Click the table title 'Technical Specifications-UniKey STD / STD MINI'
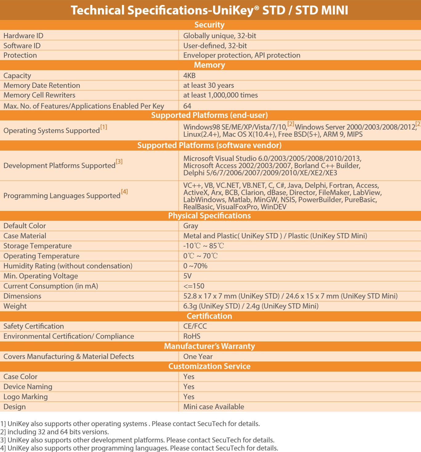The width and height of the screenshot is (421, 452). click(209, 10)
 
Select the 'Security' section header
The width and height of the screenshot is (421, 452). click(209, 25)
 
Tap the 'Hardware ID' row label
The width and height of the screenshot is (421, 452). click(23, 36)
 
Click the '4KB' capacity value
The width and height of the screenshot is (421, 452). click(189, 75)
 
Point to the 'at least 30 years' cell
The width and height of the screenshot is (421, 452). click(208, 85)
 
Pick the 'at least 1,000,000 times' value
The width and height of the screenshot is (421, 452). click(221, 95)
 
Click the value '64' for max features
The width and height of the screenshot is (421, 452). click(187, 106)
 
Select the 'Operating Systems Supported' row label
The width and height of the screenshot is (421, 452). click(52, 131)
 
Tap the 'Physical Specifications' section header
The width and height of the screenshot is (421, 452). click(209, 216)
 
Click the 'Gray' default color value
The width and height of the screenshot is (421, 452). click(191, 226)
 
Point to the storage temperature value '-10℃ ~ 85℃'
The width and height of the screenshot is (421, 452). click(204, 246)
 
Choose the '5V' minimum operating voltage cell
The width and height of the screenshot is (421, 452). click(187, 276)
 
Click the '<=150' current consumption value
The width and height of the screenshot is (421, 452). click(194, 286)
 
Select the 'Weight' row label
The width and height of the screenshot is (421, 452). click(15, 306)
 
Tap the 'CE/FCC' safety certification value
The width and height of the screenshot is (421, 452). click(195, 326)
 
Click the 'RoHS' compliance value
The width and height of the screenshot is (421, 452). click(192, 336)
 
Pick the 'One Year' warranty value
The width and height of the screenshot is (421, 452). click(198, 357)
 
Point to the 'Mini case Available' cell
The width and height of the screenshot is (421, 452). click(214, 407)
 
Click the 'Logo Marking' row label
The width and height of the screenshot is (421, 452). click(26, 397)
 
